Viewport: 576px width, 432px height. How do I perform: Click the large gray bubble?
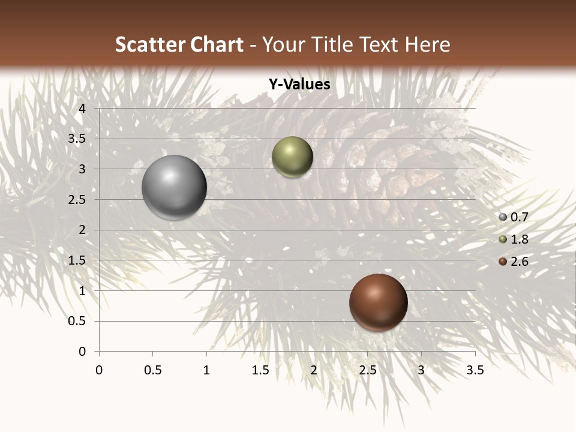(x=174, y=187)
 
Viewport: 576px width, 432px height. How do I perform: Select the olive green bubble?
(x=292, y=157)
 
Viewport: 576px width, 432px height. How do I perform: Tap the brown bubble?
(x=378, y=302)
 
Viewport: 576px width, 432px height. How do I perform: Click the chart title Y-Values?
(x=299, y=85)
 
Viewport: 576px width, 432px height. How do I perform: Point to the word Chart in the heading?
(x=217, y=44)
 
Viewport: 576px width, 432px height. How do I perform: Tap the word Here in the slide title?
(x=428, y=44)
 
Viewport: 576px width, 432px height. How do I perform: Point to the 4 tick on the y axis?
(x=83, y=109)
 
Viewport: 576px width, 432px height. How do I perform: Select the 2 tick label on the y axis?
(x=83, y=230)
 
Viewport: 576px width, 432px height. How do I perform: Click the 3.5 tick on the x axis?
(x=475, y=370)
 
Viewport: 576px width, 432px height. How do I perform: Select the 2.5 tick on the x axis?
(x=367, y=370)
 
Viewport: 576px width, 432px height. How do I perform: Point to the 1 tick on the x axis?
(x=206, y=370)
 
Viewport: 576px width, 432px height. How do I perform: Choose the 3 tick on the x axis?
(x=421, y=370)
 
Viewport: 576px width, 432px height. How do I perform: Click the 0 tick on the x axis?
(x=99, y=370)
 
